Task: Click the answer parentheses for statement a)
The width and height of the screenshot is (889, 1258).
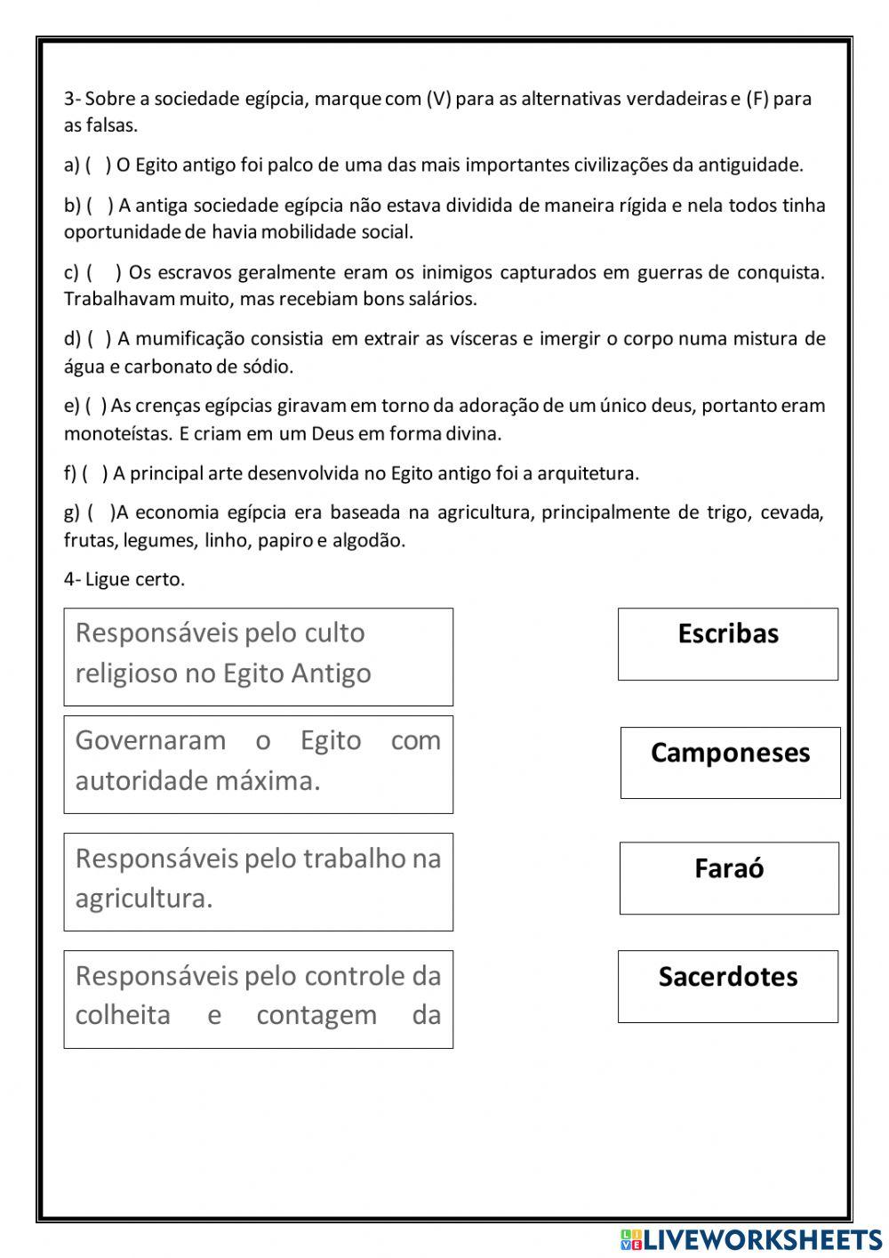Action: (99, 165)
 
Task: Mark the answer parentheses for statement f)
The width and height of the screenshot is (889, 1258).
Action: (96, 473)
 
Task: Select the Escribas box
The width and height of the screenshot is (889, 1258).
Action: (727, 644)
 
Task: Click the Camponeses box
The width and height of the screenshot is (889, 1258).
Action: (730, 762)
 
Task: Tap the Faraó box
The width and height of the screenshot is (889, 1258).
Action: (728, 878)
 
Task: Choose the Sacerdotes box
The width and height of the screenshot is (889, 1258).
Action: (727, 986)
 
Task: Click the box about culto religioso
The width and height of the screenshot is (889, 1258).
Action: (258, 657)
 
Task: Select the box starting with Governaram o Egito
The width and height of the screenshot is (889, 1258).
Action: (258, 764)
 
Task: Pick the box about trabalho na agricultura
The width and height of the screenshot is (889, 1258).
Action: (258, 882)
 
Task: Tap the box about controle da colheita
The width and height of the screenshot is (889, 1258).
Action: (258, 998)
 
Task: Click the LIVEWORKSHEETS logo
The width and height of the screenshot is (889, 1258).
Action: (751, 1239)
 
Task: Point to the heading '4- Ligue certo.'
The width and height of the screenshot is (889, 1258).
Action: (124, 579)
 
